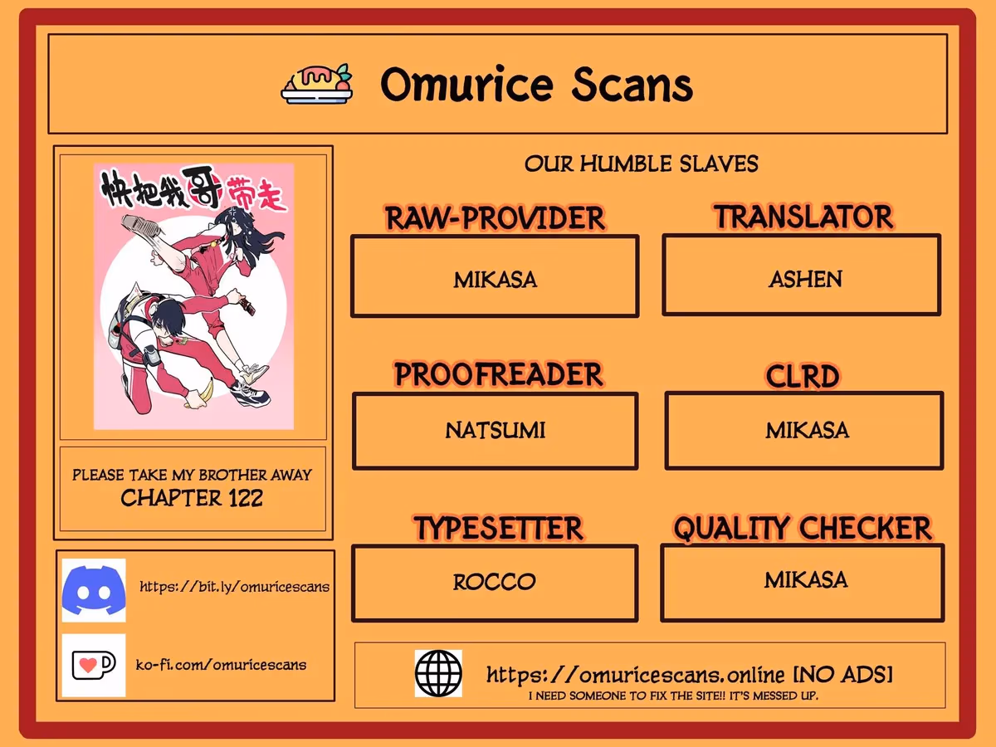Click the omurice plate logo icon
pos(317,84)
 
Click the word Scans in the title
pos(632,85)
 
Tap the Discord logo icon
pos(94,590)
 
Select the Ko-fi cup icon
pos(94,665)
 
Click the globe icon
pos(438,673)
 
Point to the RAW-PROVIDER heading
pos(495,218)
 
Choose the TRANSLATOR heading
pos(803,217)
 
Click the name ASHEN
pos(805,279)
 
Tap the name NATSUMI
pos(495,430)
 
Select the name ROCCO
pos(494,582)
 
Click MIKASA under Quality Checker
pos(806,579)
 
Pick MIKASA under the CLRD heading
pos(808,430)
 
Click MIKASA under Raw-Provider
pos(495,280)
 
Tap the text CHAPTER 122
pos(192,498)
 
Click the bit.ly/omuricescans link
pos(235,587)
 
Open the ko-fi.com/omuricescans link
pos(221,665)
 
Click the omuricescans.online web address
pos(635,675)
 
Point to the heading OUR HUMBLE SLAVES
pos(641,164)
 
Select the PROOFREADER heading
pos(498,374)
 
